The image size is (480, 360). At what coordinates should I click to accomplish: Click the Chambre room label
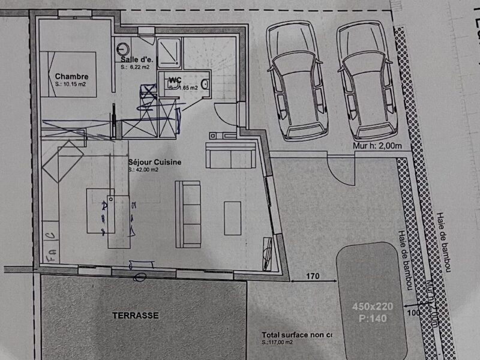[x=72, y=76]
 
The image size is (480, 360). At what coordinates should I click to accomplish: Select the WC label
[x=175, y=80]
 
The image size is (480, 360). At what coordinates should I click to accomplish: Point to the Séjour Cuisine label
[x=155, y=162]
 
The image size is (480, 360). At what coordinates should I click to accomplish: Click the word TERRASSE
[x=135, y=315]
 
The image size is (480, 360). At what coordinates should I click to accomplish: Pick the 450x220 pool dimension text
[x=372, y=306]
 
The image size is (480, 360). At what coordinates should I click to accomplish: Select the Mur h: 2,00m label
[x=376, y=145]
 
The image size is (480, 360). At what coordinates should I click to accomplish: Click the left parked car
[x=297, y=81]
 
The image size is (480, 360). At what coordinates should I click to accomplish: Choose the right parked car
[x=367, y=81]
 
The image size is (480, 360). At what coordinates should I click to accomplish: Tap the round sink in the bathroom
[x=124, y=49]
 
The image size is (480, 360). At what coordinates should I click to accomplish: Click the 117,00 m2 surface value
[x=277, y=343]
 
